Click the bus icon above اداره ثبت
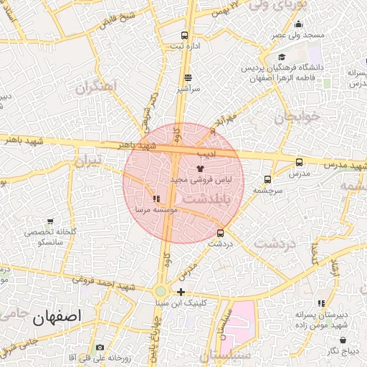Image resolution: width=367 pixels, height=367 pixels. pos(186,35)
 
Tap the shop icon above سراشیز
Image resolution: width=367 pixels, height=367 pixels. pos(188,78)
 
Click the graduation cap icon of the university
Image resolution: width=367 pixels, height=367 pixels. pos(282,58)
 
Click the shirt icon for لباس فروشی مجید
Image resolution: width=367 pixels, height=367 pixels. pos(199,168)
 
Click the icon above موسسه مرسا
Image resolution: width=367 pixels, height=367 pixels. pos(156,199)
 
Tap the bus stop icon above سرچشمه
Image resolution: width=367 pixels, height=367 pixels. pos(267,180)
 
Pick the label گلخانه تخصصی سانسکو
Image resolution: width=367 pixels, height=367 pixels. pos(54,237)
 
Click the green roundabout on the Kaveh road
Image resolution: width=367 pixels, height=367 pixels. pos(161,291)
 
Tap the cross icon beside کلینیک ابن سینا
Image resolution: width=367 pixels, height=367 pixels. pos(181,292)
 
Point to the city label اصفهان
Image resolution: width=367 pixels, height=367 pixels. pos(57,315)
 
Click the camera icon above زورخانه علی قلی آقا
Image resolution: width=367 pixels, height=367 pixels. pos(99,347)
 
